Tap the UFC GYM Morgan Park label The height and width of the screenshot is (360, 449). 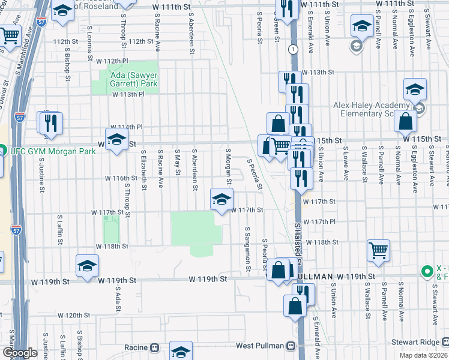coord(52,151)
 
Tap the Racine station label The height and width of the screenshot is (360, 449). coord(136,347)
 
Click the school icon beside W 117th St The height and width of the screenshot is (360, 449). coord(221,199)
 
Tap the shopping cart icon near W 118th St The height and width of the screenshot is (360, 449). coord(378,250)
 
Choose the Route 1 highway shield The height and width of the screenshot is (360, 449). coord(292,49)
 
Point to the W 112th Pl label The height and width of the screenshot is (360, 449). coord(112,61)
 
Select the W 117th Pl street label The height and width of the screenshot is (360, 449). coord(319,222)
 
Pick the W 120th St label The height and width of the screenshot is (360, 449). coord(73,315)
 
